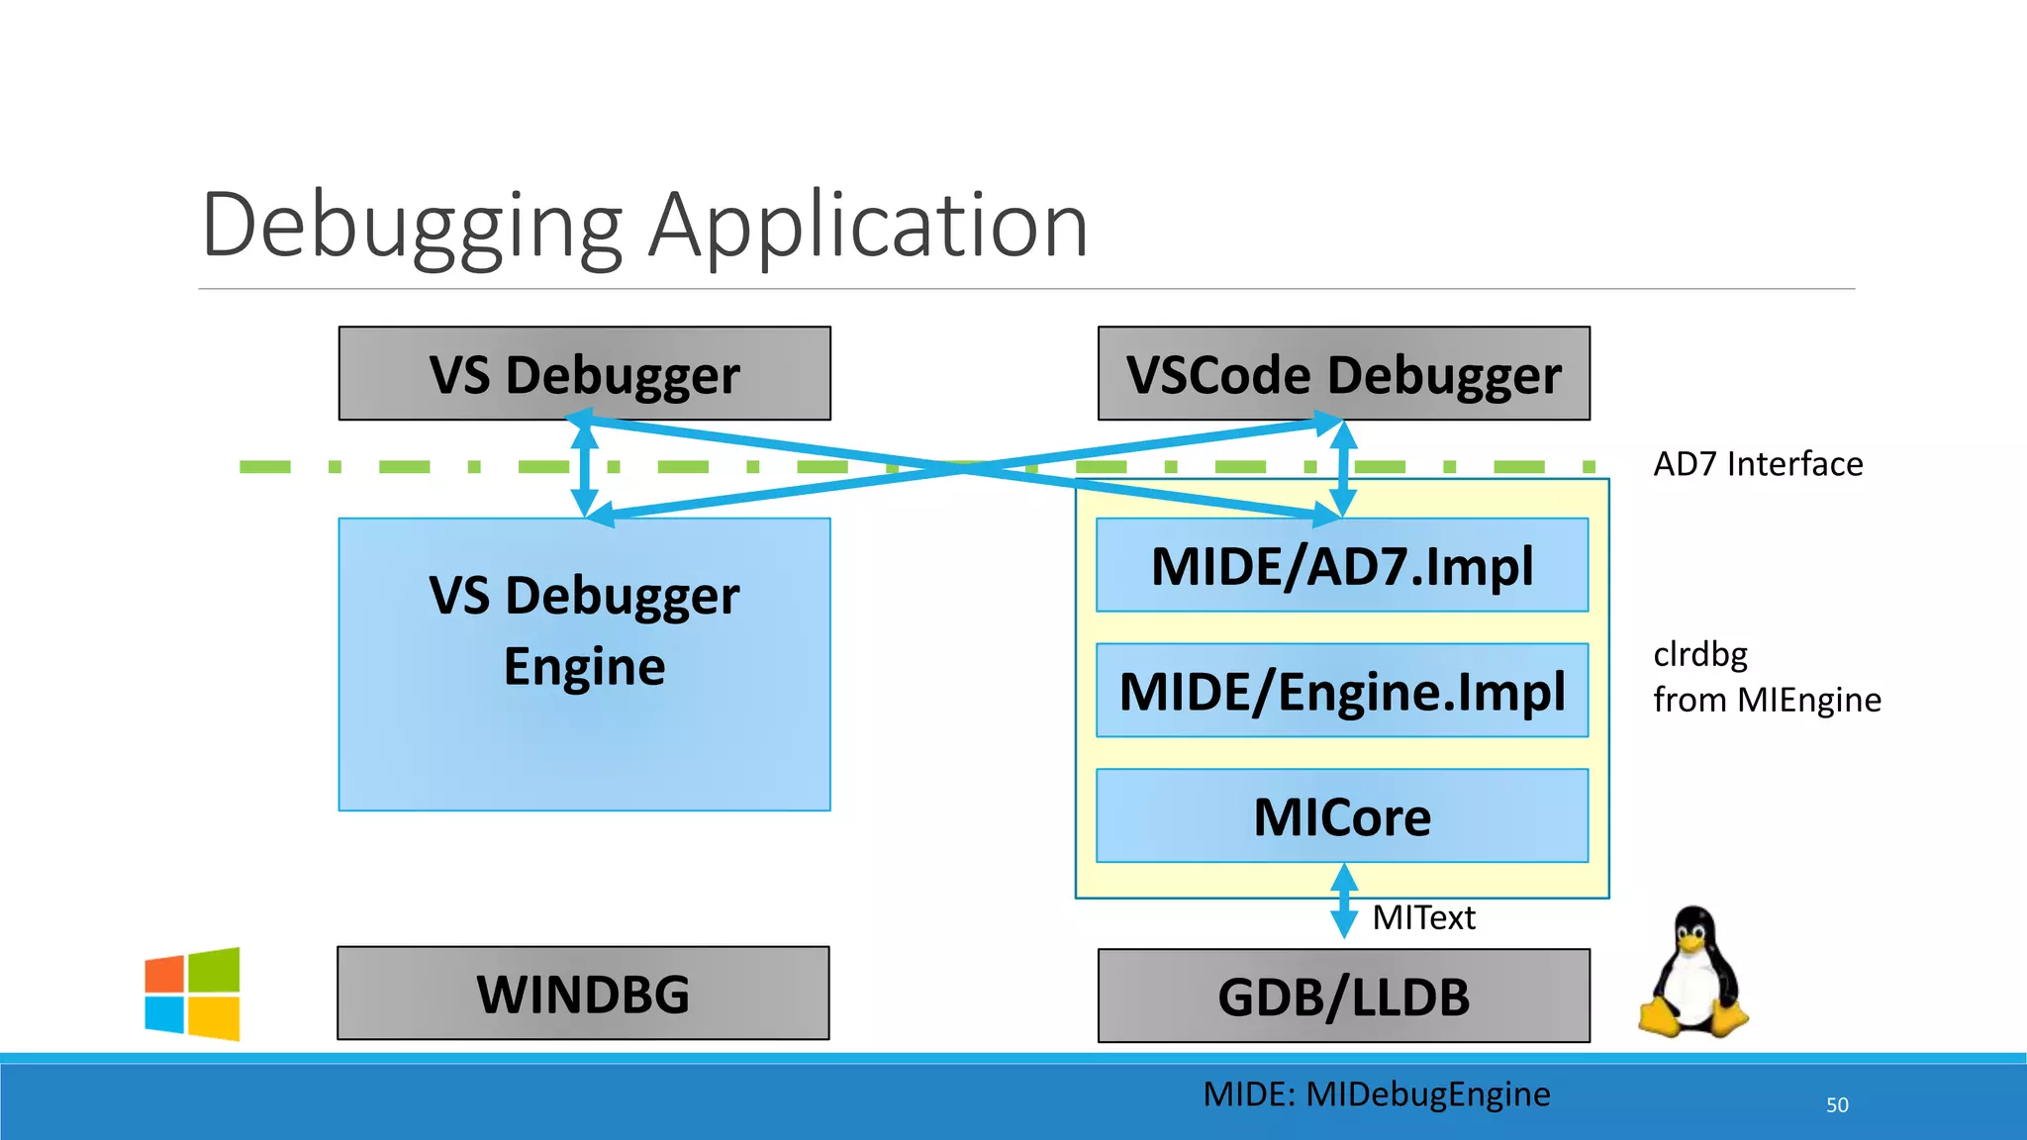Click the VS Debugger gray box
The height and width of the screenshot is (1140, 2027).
[x=584, y=374]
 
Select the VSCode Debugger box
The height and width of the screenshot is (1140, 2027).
[x=1343, y=374]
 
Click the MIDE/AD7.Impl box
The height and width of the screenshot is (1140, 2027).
[x=1341, y=566]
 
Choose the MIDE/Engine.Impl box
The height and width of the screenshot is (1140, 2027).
[x=1341, y=691]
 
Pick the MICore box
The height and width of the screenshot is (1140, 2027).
[x=1341, y=816]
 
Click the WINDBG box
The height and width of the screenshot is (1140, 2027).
[x=583, y=994]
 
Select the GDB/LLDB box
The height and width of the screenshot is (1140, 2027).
[x=1343, y=996]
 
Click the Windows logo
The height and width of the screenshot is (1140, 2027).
[x=192, y=994]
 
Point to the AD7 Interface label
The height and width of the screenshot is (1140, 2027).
[x=1758, y=464]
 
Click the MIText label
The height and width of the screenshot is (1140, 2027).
[x=1423, y=918]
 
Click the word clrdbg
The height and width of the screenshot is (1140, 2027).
[x=1700, y=654]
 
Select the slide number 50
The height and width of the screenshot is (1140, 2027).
[x=1837, y=1105]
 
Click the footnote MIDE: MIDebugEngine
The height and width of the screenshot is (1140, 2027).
[x=1376, y=1094]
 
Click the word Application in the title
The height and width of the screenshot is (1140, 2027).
[x=868, y=228]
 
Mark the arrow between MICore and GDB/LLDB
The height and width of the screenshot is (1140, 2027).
[x=1343, y=901]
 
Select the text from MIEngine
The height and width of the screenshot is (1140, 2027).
[x=1767, y=700]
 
